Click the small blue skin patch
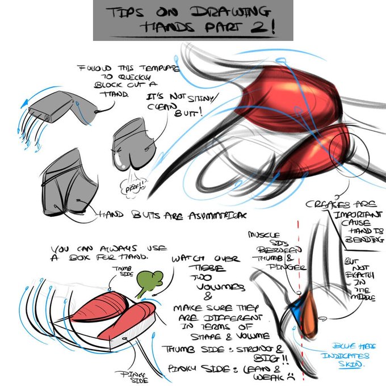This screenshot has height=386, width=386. pyautogui.click(x=296, y=311)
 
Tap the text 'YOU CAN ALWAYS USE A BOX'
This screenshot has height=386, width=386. pyautogui.click(x=99, y=253)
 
